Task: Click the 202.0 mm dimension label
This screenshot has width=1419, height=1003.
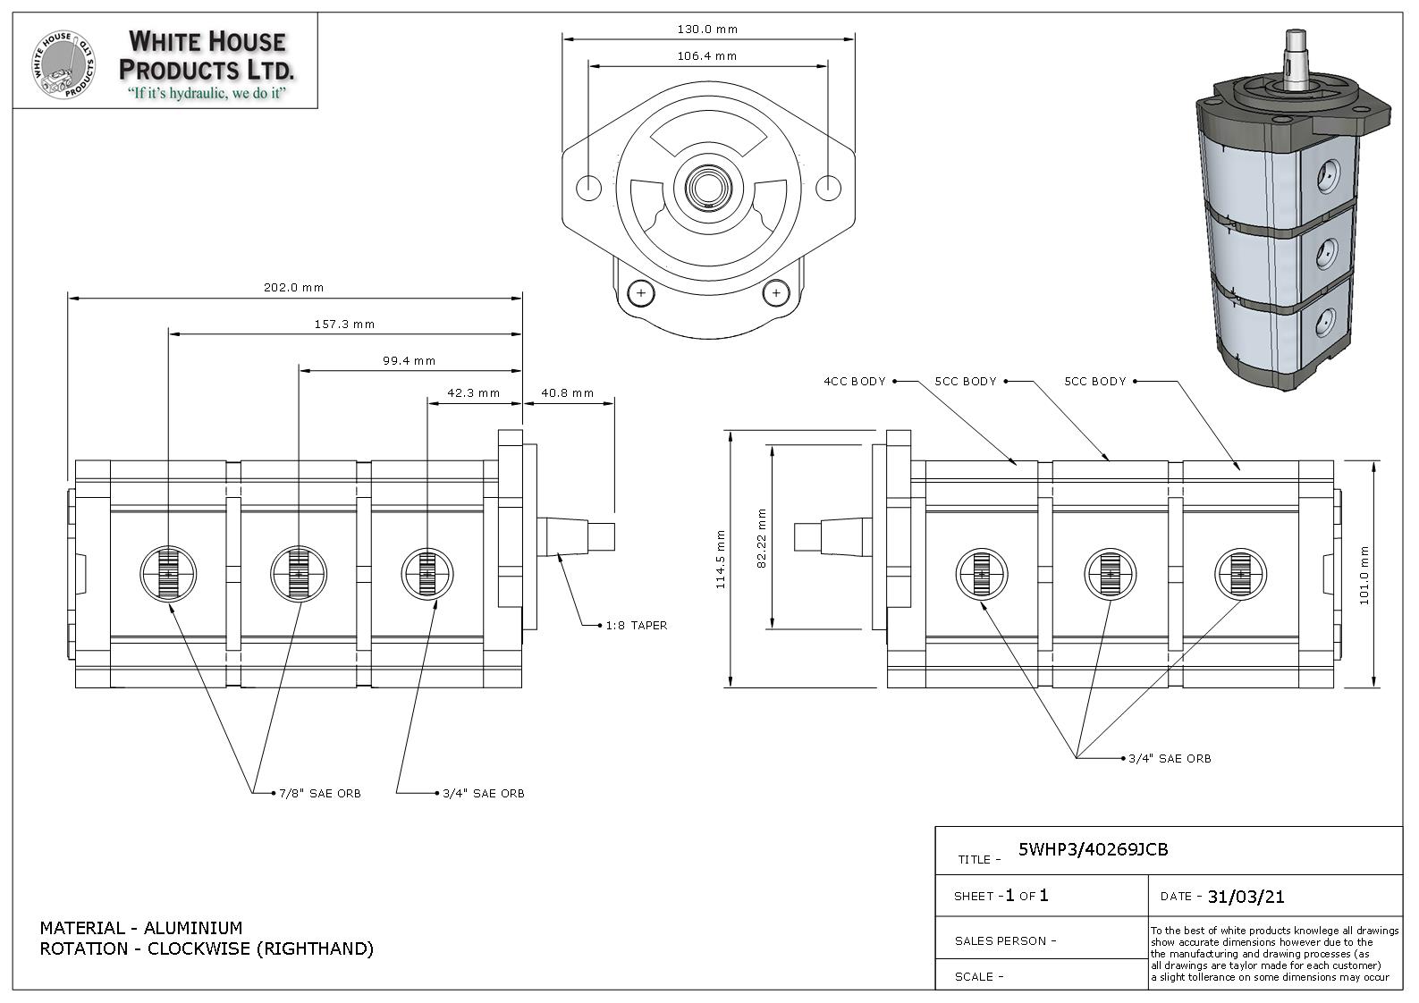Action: (293, 288)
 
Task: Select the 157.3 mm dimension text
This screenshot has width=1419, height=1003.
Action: (344, 324)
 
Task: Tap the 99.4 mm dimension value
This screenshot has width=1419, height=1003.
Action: (410, 361)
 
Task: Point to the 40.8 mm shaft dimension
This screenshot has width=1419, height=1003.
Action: (568, 393)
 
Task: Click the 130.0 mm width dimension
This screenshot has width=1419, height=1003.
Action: (707, 29)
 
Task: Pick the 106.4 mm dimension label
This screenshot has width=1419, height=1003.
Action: (707, 55)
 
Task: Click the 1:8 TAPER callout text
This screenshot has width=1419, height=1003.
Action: (637, 626)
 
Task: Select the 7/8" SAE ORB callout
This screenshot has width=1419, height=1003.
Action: (320, 794)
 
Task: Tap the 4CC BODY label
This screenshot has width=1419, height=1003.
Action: (855, 381)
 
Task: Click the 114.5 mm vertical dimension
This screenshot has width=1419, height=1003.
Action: (721, 559)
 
